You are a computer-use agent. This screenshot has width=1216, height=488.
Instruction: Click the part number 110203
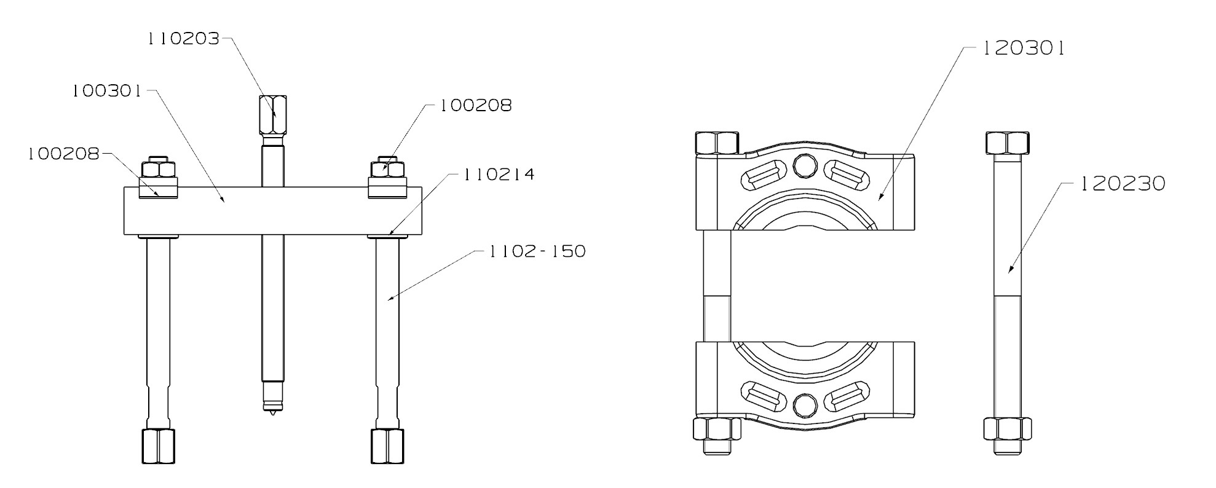click(183, 39)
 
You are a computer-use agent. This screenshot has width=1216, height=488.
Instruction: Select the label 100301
click(107, 92)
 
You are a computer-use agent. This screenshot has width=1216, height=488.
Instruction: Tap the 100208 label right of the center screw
click(475, 106)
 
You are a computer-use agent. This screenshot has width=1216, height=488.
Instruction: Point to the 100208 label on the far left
click(63, 154)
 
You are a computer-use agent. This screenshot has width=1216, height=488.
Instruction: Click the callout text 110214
click(499, 175)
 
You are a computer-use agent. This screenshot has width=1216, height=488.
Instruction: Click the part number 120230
click(1123, 184)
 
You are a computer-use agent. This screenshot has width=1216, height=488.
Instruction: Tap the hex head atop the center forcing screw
click(273, 116)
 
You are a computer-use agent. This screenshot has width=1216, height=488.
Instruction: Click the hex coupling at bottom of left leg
click(158, 446)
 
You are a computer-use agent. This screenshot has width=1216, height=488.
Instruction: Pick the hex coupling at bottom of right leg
click(387, 446)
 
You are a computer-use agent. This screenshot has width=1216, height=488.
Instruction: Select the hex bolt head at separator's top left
click(716, 143)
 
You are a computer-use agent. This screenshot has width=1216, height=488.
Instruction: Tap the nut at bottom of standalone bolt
click(1007, 428)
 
